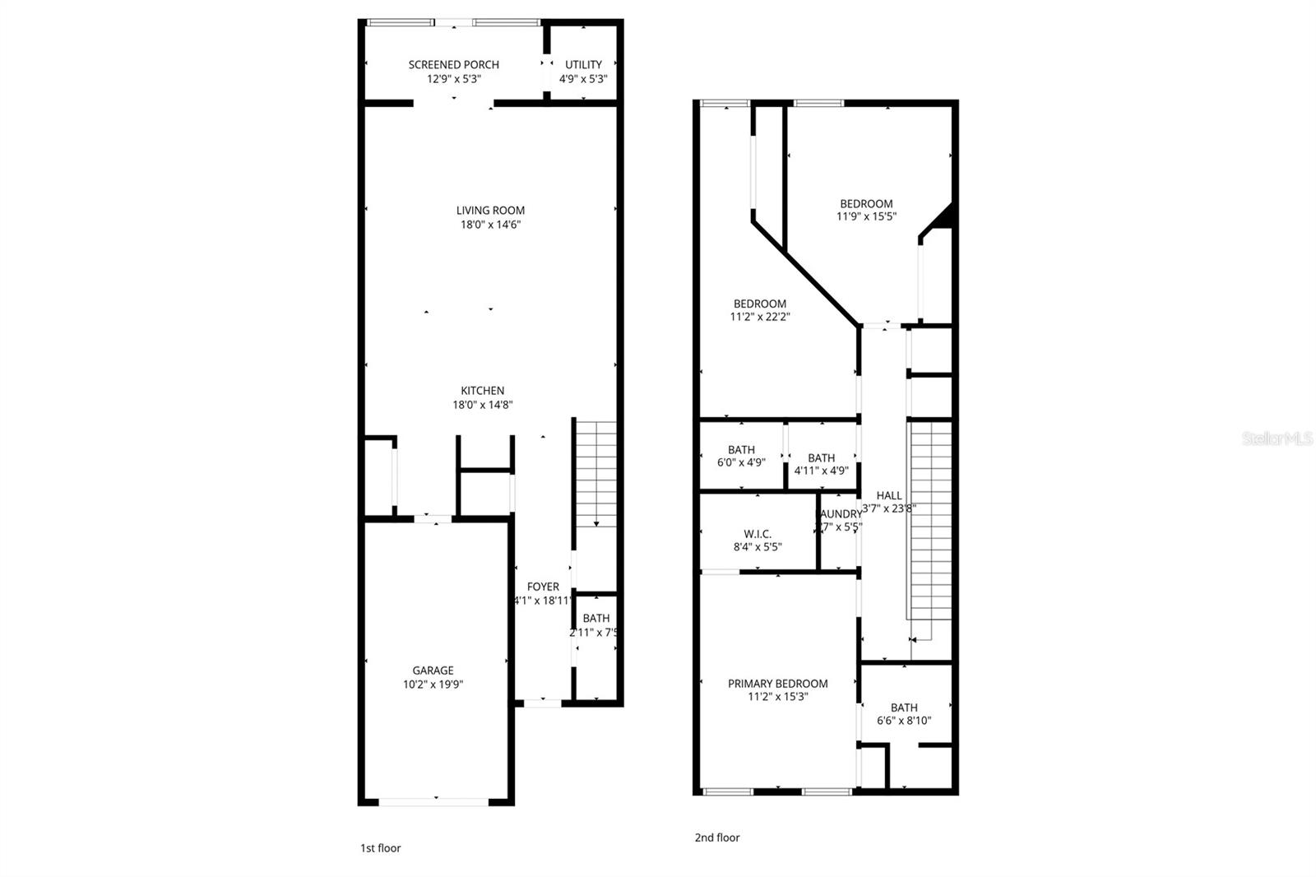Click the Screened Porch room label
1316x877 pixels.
click(453, 65)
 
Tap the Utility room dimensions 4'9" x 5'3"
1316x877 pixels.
click(583, 80)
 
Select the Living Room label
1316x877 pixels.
click(490, 211)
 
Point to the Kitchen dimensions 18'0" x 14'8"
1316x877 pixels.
click(483, 405)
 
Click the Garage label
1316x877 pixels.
click(433, 671)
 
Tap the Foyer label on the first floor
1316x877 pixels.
click(543, 587)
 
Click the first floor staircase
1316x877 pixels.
click(595, 473)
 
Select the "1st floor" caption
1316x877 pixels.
click(380, 848)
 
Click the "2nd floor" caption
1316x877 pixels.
click(717, 838)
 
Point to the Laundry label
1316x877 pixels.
click(839, 514)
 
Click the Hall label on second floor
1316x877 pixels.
click(888, 495)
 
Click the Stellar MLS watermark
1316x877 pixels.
click(1277, 439)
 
